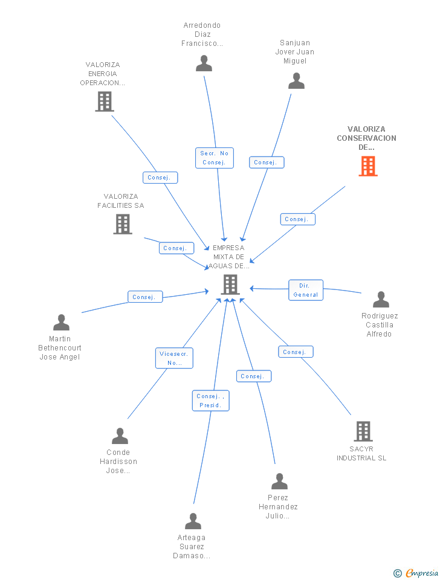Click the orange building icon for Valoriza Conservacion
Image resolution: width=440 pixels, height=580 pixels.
(x=367, y=166)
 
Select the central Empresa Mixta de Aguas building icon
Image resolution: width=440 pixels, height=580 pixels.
(x=230, y=284)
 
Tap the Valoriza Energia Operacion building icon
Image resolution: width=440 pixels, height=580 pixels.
(x=105, y=101)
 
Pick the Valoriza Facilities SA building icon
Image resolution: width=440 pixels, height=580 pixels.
(x=123, y=224)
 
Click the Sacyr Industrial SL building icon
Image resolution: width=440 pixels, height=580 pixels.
(x=363, y=431)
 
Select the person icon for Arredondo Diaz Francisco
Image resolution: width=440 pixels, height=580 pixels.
(x=204, y=63)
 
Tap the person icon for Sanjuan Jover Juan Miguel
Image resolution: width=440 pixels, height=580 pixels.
(x=296, y=81)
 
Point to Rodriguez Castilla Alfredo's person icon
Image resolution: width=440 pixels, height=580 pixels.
(x=381, y=300)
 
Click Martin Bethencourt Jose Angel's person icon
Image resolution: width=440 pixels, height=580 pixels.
(x=61, y=323)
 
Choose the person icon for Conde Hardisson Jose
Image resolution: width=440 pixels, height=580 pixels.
(x=120, y=436)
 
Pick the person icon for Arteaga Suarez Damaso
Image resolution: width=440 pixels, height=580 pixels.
(x=193, y=521)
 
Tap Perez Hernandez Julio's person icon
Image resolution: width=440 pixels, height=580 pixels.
(x=279, y=482)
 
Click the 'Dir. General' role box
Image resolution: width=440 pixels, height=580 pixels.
(x=306, y=290)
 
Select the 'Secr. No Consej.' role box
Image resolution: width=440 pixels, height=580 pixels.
(x=214, y=158)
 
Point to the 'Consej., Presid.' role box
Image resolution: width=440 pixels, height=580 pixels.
(x=211, y=401)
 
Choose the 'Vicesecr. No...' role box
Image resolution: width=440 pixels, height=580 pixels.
(x=174, y=358)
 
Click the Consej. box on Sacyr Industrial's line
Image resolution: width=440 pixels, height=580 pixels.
(x=296, y=352)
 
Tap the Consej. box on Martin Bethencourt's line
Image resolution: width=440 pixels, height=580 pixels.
(x=145, y=297)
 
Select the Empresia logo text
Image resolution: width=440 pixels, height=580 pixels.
(x=422, y=573)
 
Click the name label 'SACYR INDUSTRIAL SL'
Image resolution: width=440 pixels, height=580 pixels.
(x=361, y=454)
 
